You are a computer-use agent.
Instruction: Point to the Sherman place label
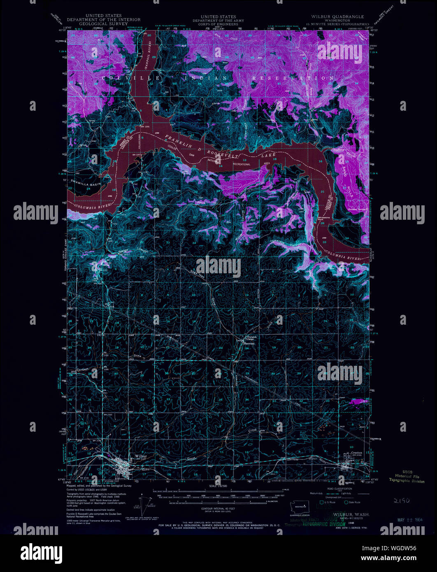pyautogui.click(x=249, y=343)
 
